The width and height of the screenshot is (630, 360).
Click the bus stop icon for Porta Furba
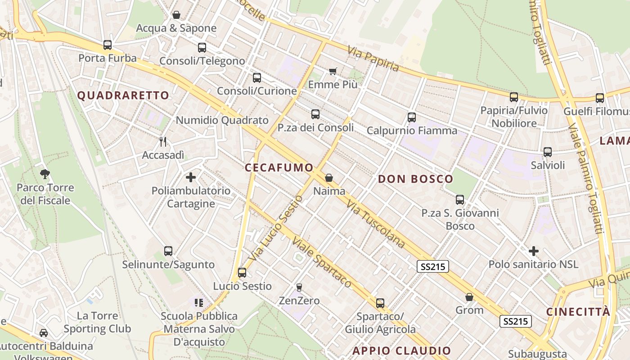[x=107, y=45]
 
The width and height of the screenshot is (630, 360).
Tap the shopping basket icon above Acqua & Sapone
[x=176, y=15]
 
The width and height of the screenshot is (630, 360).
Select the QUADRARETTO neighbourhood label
[x=123, y=95]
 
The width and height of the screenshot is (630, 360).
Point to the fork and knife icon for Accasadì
[x=163, y=142]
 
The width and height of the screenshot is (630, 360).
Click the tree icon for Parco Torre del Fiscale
[x=45, y=174]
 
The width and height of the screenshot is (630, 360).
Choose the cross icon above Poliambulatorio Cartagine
[x=191, y=177]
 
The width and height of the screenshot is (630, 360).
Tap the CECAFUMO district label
[x=279, y=168]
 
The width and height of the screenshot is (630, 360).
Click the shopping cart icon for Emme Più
[x=333, y=71]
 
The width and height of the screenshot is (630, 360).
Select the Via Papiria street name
[x=373, y=59]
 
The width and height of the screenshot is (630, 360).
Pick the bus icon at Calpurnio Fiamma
[x=411, y=117]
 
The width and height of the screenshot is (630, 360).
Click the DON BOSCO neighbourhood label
[x=415, y=179]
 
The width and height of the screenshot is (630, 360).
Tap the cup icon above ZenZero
[x=299, y=287]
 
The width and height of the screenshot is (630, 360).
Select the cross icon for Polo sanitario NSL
[x=534, y=251]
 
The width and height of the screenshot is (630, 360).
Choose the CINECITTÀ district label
[x=578, y=312]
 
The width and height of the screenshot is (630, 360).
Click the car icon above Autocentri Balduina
[x=44, y=333]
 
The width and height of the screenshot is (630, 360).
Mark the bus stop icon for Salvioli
[x=548, y=152]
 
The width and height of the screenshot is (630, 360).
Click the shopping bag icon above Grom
[x=469, y=297]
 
